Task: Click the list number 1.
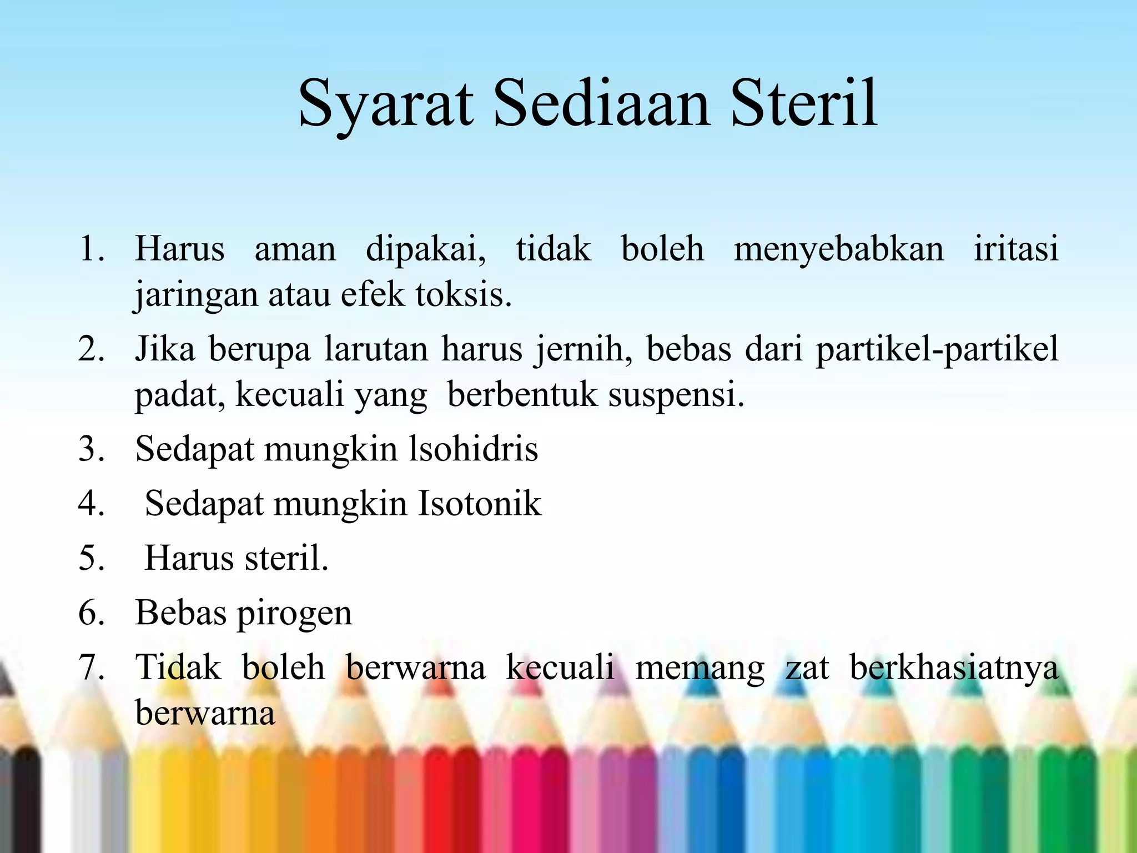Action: [92, 248]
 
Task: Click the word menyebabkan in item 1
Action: [838, 248]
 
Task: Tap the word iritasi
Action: [1015, 248]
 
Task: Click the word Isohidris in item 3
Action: [474, 449]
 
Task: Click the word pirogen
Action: [294, 614]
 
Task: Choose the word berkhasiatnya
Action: [954, 668]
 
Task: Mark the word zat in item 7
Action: [807, 668]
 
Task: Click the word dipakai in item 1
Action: [425, 248]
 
